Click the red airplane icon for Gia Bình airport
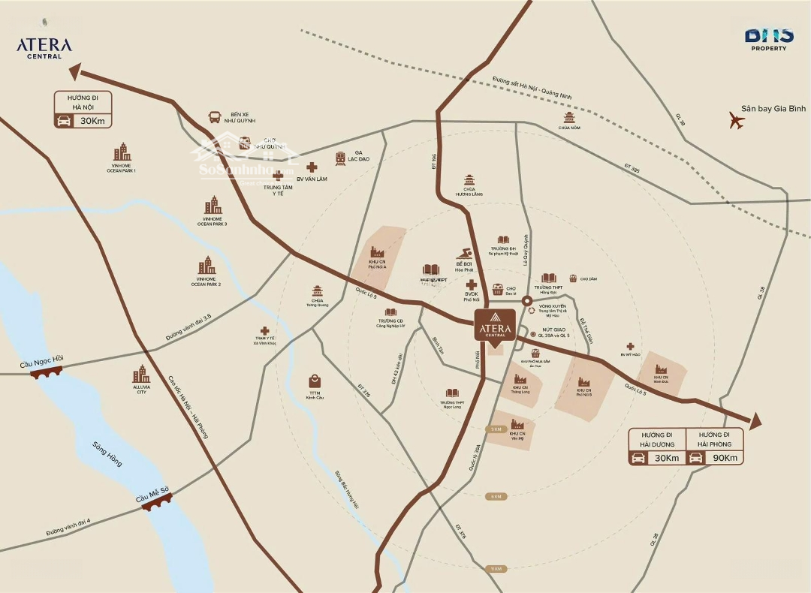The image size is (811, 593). point(737,120)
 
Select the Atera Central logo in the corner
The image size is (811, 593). point(44,47)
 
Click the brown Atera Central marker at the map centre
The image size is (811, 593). point(494,324)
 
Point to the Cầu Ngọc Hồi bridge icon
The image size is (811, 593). point(47,371)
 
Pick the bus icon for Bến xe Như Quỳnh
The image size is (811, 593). point(215,117)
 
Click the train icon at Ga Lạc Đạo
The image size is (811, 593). point(341,158)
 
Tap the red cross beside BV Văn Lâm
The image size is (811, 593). point(312,167)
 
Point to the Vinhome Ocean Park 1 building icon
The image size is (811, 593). point(121,152)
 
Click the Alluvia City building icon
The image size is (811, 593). point(140,374)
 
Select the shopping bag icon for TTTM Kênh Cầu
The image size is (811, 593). point(315,381)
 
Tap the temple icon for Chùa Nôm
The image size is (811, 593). point(569,118)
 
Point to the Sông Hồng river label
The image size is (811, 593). point(107,454)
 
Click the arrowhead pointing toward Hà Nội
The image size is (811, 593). point(75,72)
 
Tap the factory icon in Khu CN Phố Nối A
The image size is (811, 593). point(377,254)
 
